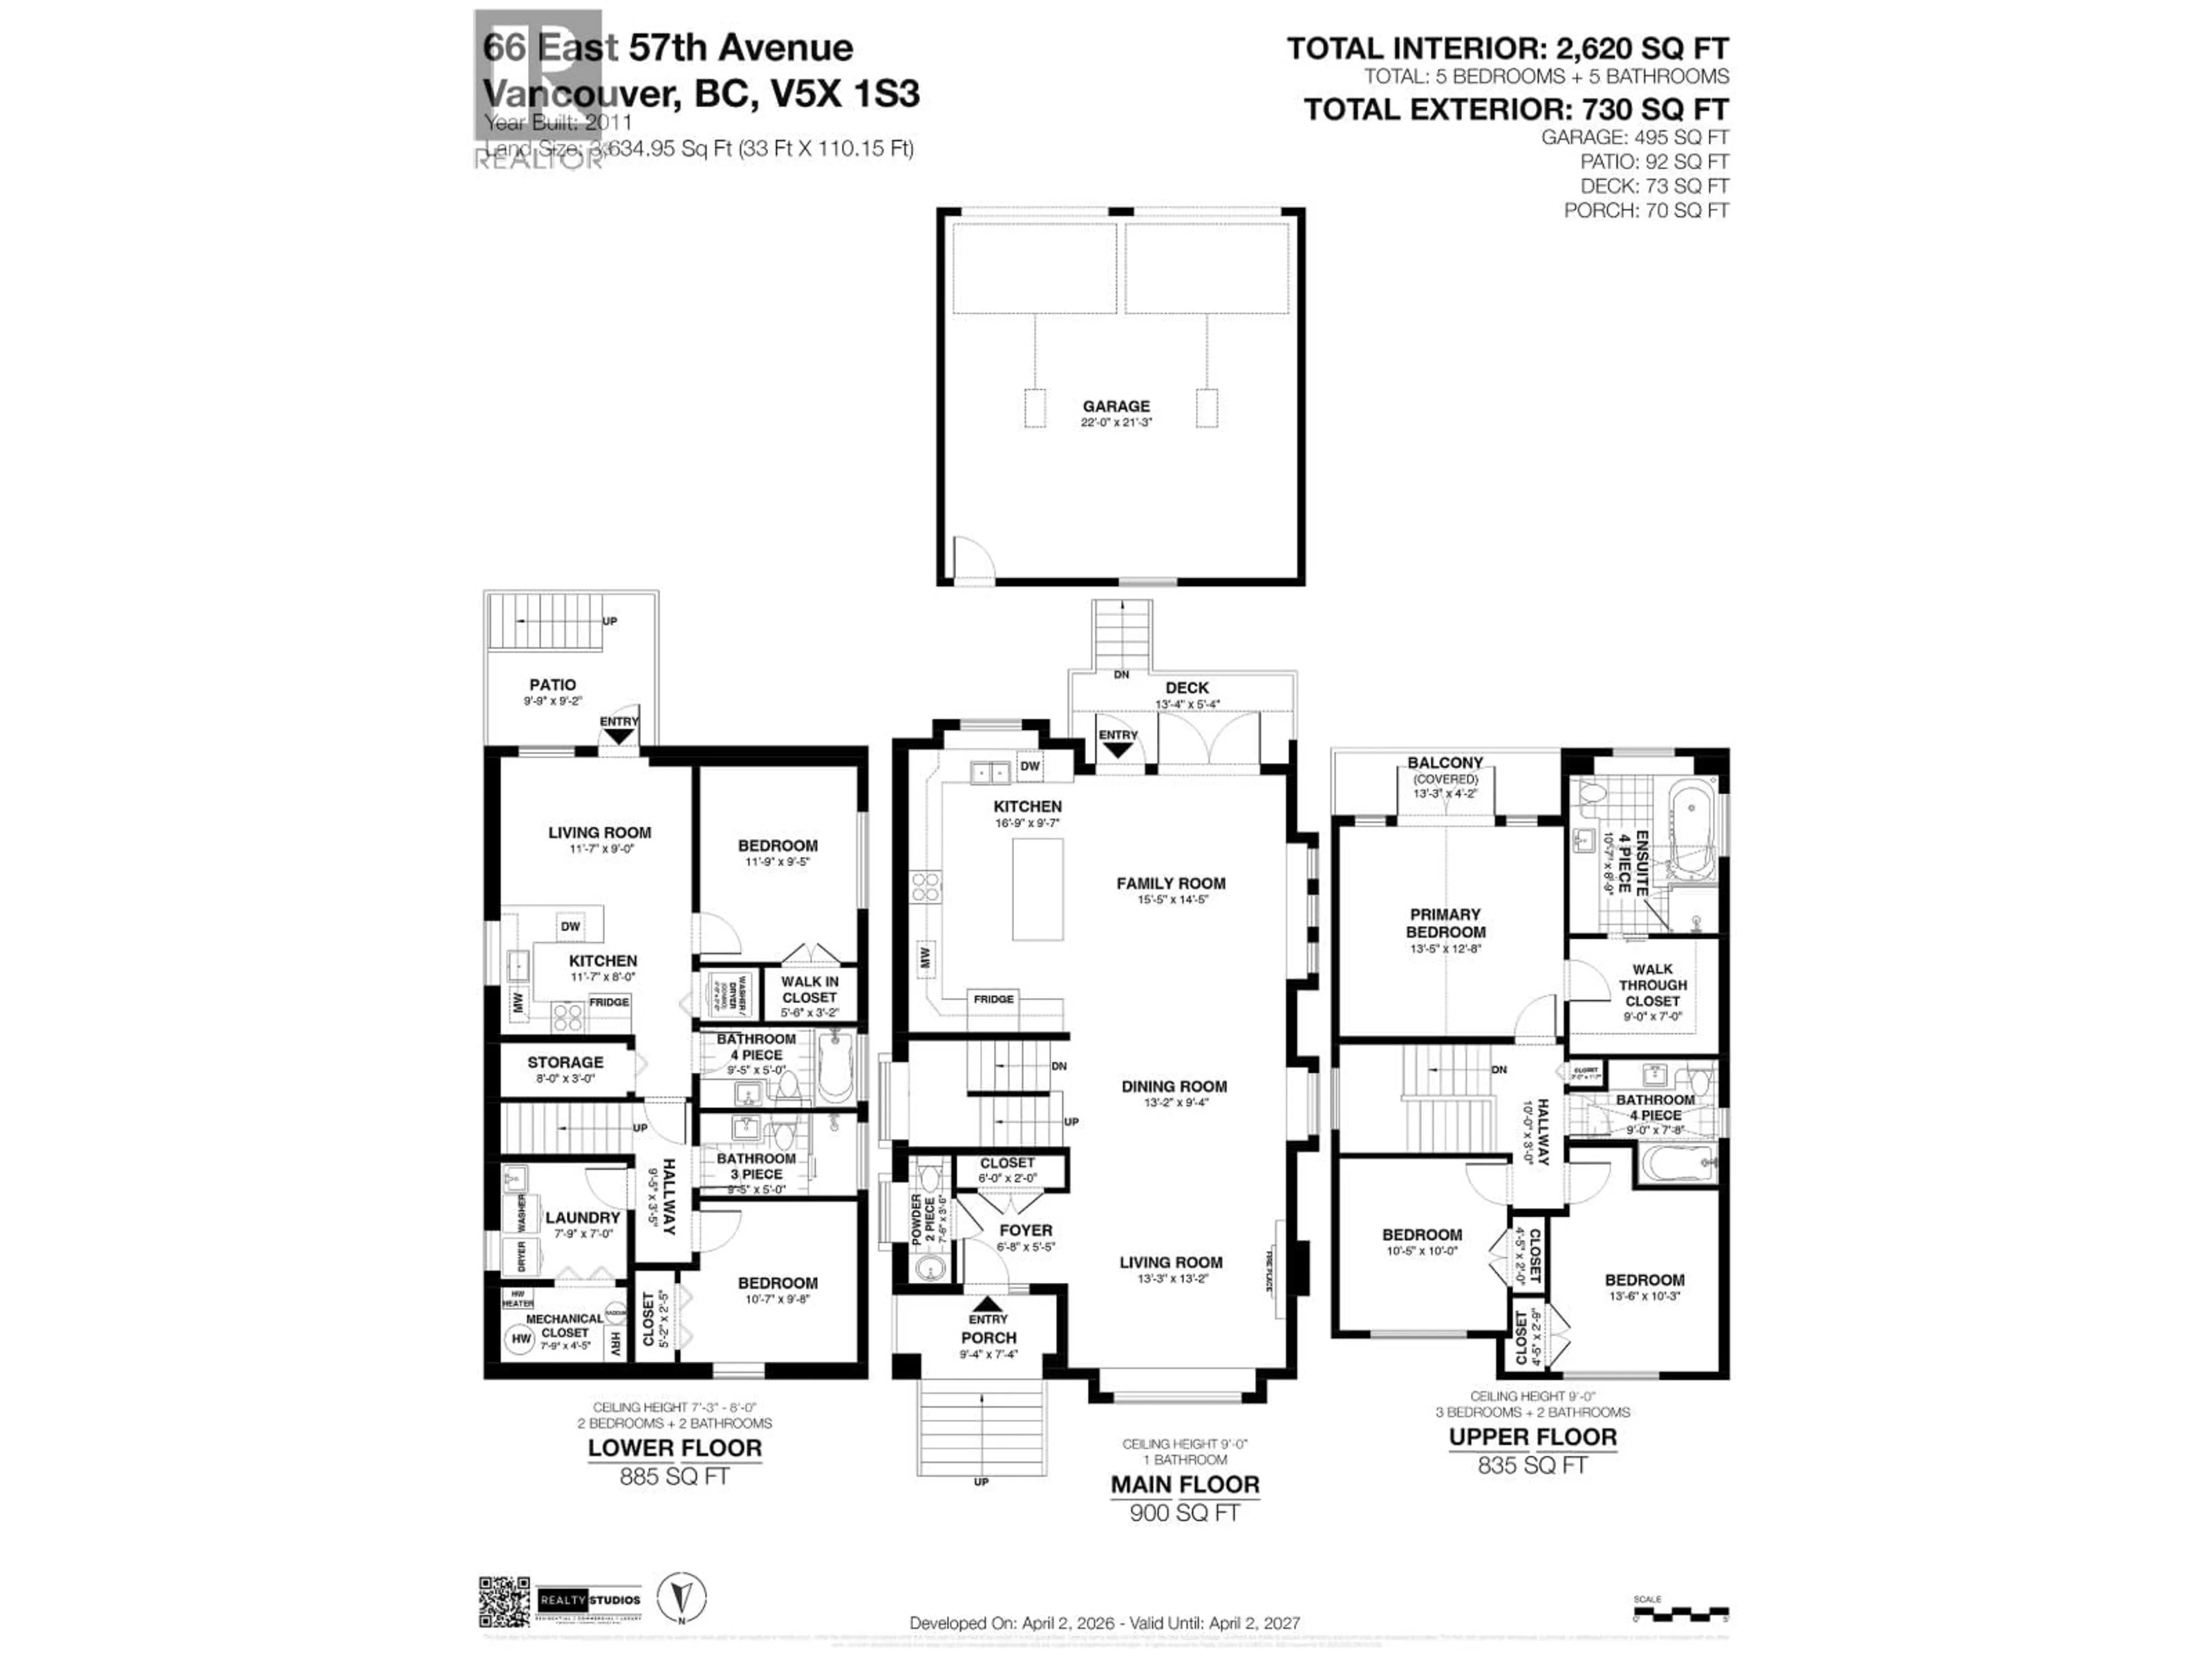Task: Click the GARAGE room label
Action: click(1116, 406)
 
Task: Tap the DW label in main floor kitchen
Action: click(1030, 766)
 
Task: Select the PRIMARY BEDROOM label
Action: click(1445, 922)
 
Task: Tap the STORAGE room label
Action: click(565, 1062)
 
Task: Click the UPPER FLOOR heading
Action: click(1533, 1437)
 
